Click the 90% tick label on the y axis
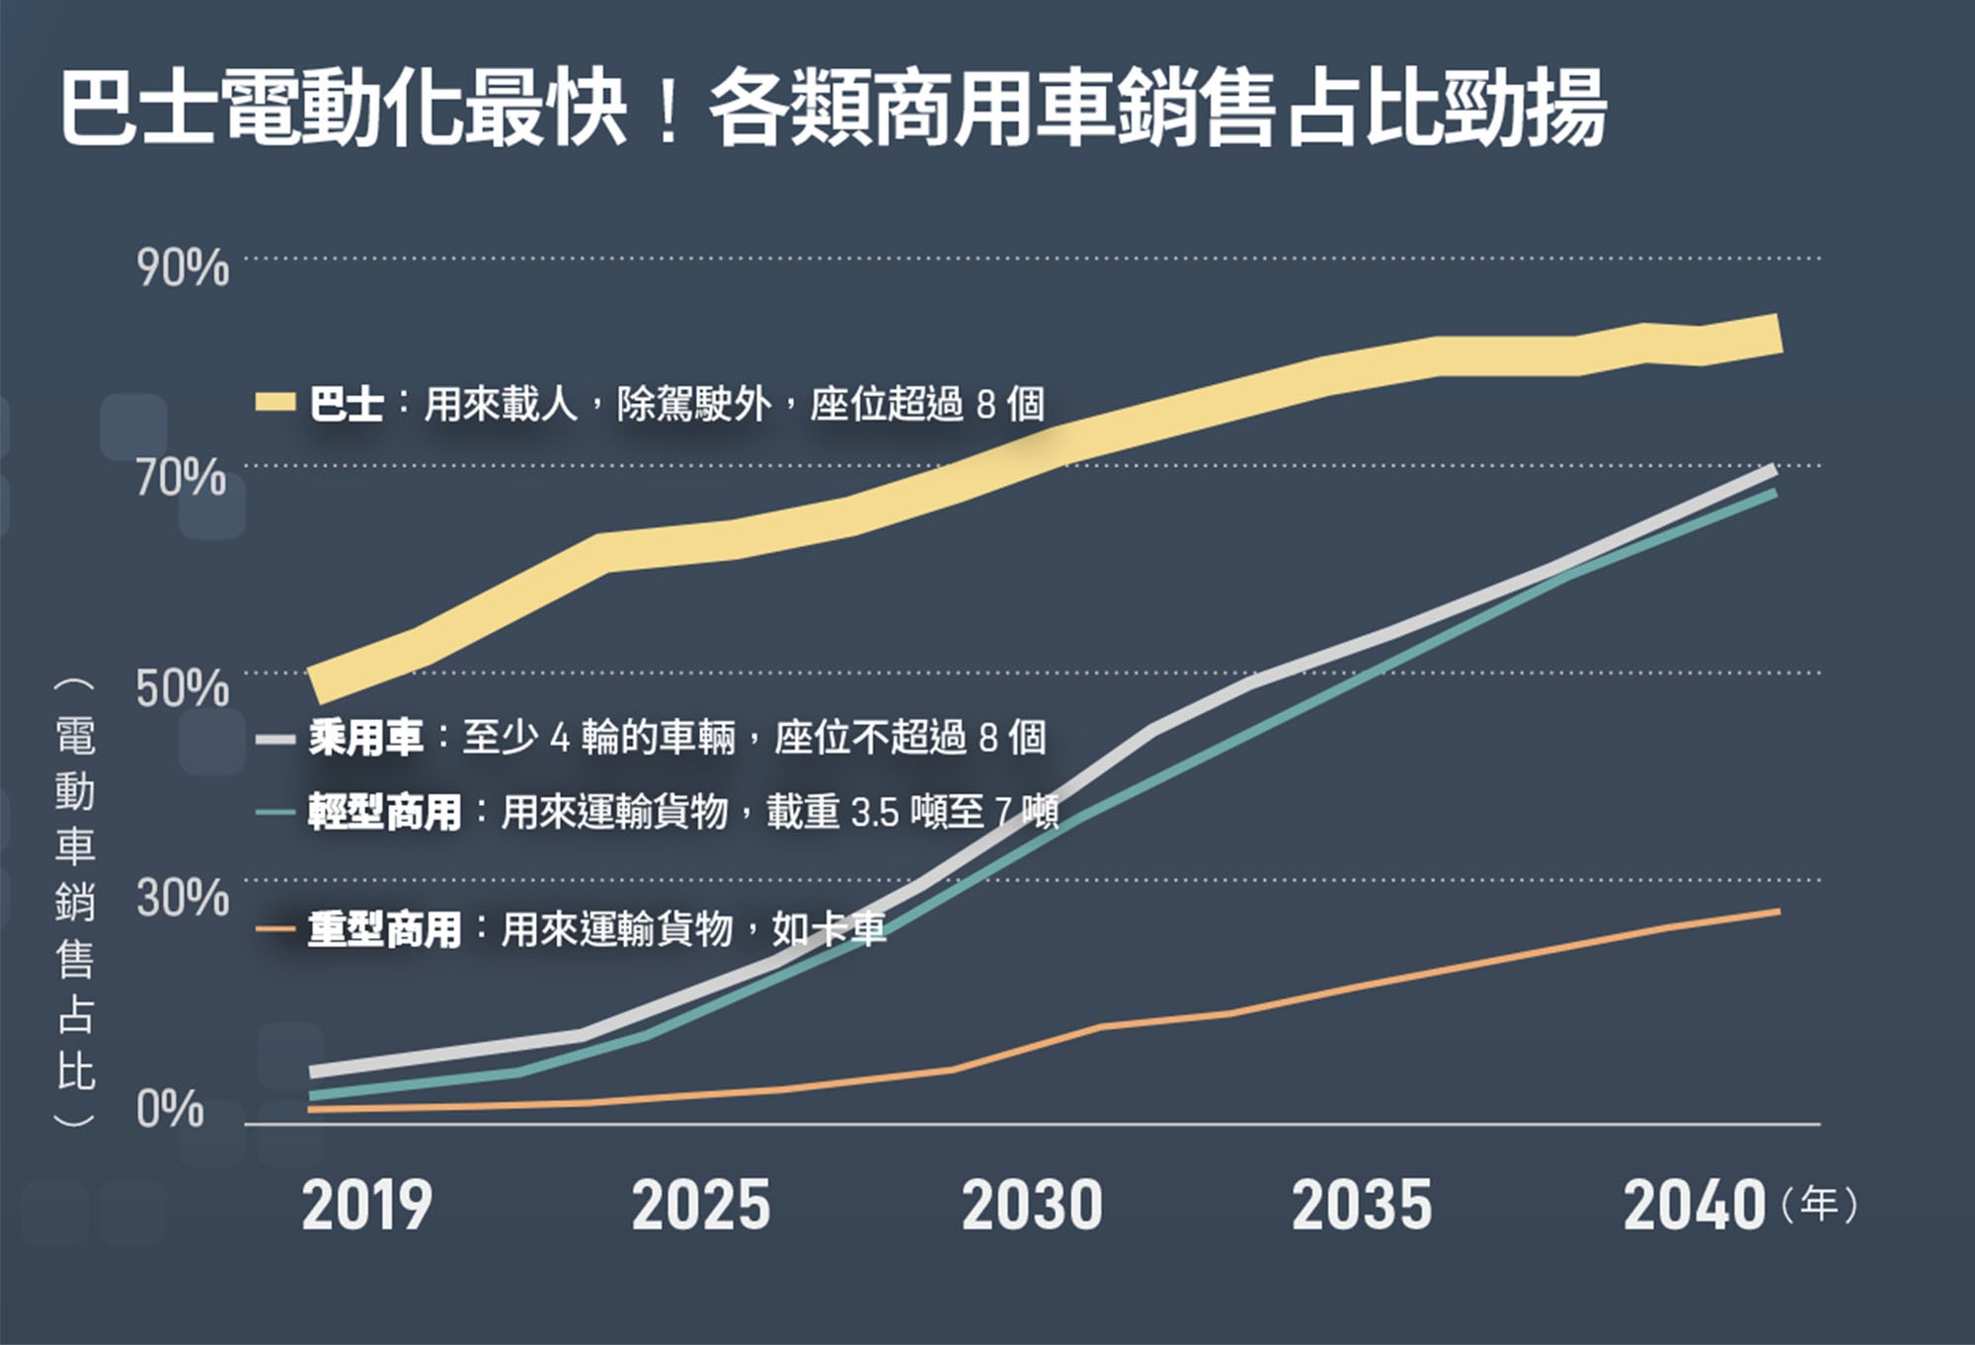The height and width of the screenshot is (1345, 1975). (x=183, y=269)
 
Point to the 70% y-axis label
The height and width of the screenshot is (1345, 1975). (x=182, y=478)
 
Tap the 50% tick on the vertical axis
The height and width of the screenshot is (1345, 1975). (x=183, y=688)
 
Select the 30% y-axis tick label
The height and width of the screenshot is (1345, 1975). (x=183, y=898)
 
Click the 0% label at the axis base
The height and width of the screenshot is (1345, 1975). (x=170, y=1110)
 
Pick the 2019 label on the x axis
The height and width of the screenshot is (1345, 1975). (x=366, y=1206)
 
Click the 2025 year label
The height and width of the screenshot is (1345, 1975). (x=701, y=1206)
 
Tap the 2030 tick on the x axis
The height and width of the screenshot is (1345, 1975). (x=1032, y=1206)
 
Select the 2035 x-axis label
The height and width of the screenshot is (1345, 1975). (x=1362, y=1206)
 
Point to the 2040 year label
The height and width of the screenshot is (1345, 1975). (x=1694, y=1206)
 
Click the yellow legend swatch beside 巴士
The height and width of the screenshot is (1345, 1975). (x=276, y=402)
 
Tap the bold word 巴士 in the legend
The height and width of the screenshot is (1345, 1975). (x=346, y=404)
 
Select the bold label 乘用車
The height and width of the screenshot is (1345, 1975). (x=365, y=738)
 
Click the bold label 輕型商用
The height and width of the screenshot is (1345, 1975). (x=384, y=813)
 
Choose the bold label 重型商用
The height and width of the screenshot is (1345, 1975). (x=384, y=929)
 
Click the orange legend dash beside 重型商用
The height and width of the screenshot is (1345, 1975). (x=276, y=928)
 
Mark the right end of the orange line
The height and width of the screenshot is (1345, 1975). (x=1778, y=911)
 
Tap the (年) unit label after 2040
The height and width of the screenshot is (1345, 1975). (x=1819, y=1205)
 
